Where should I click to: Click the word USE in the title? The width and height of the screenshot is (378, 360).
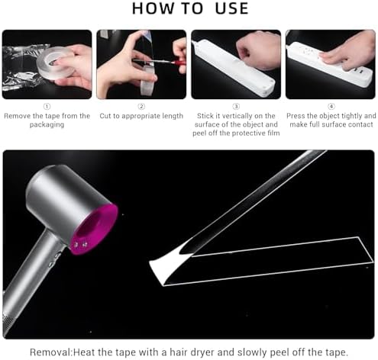pyautogui.click(x=231, y=8)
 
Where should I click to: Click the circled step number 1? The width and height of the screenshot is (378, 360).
pyautogui.click(x=47, y=106)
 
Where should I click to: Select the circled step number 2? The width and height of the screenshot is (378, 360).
pyautogui.click(x=141, y=106)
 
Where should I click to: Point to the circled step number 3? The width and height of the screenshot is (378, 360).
pyautogui.click(x=236, y=106)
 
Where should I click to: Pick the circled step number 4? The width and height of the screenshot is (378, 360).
pyautogui.click(x=331, y=106)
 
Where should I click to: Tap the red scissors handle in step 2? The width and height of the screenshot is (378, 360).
pyautogui.click(x=178, y=63)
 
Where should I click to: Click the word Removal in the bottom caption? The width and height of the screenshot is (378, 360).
pyautogui.click(x=51, y=352)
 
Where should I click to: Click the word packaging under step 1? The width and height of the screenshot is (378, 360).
pyautogui.click(x=47, y=124)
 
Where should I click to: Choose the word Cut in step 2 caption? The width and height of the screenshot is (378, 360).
pyautogui.click(x=105, y=116)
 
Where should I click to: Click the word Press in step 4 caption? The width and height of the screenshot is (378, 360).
pyautogui.click(x=296, y=116)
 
